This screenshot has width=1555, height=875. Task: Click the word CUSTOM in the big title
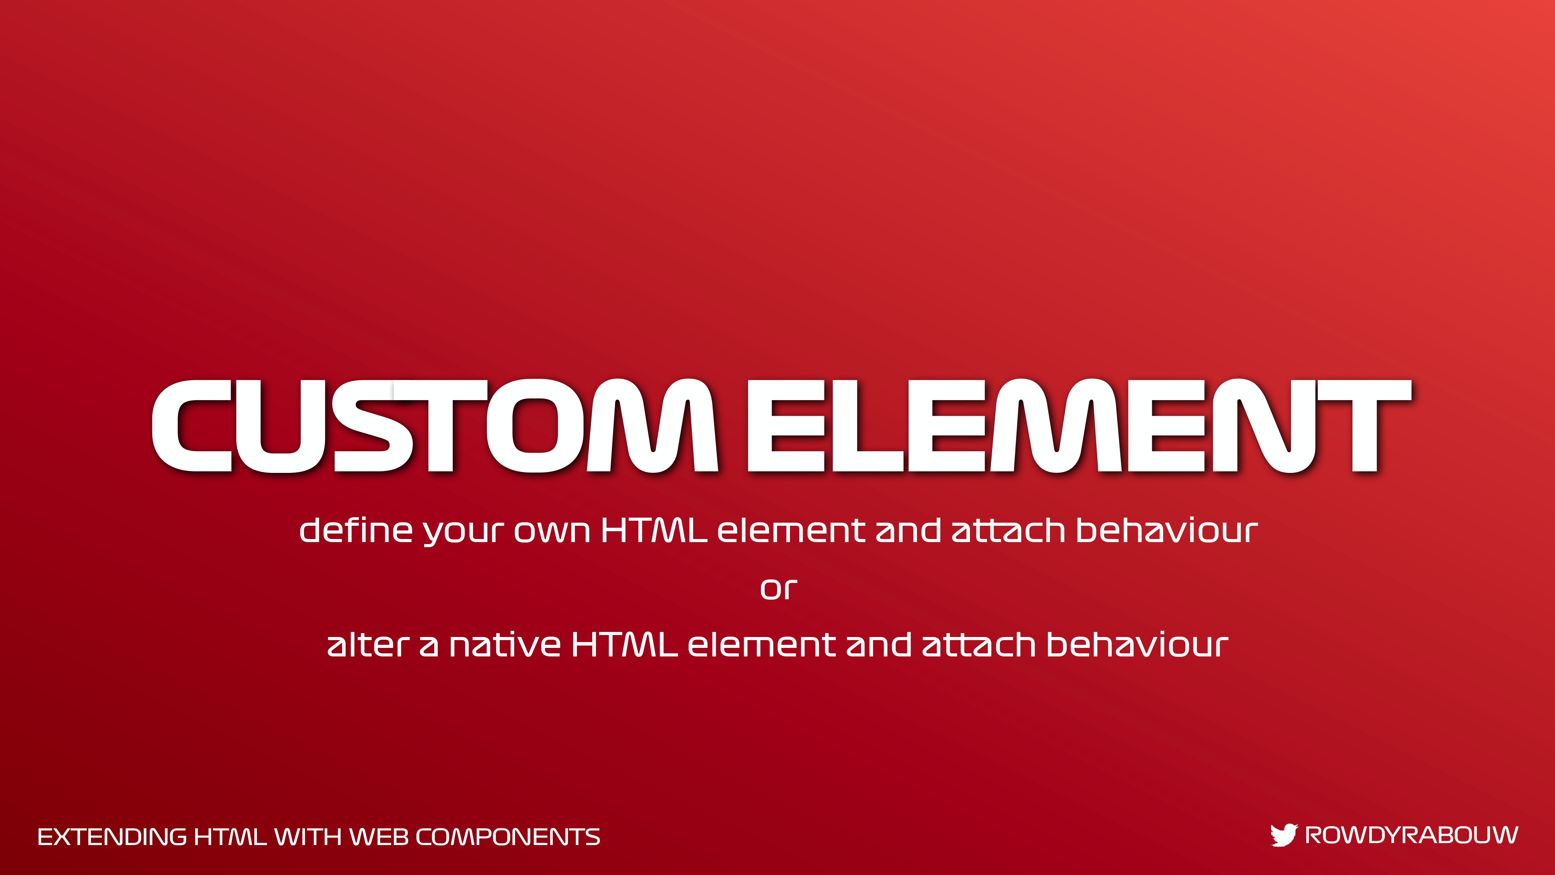(x=435, y=426)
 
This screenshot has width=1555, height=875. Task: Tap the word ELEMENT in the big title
(x=1079, y=426)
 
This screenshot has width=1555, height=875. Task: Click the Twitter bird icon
(x=1283, y=835)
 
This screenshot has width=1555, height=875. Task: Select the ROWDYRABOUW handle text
(x=1411, y=835)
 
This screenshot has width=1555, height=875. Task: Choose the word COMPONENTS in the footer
(x=508, y=837)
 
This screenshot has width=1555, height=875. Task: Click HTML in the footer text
(x=230, y=837)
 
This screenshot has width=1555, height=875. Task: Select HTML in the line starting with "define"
(x=654, y=530)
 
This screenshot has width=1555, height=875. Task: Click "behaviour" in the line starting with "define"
(x=1167, y=530)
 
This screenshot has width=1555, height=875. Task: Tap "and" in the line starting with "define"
(x=908, y=530)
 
